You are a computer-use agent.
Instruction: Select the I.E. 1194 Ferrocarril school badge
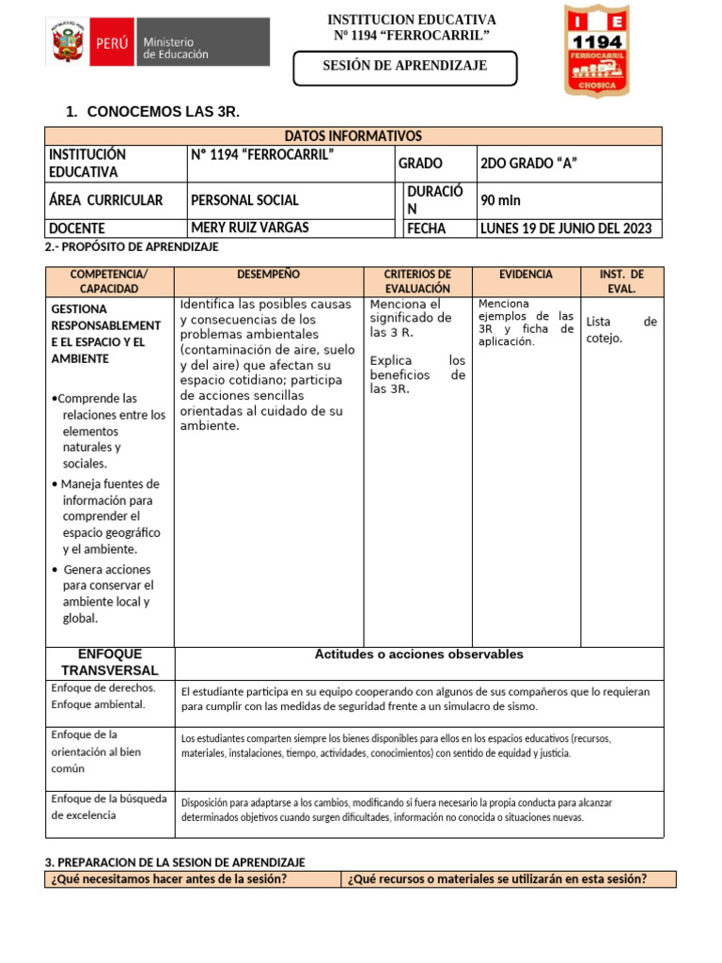[609, 50]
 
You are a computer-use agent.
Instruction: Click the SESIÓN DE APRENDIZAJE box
[404, 66]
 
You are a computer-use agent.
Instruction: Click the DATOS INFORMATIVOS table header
[353, 136]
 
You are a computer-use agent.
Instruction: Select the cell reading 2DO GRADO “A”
[528, 164]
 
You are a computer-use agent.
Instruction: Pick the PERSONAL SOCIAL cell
[244, 200]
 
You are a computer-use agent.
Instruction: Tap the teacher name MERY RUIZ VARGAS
[249, 228]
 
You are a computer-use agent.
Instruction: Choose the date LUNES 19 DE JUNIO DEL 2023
[566, 229]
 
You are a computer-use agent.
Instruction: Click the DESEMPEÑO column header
[269, 275]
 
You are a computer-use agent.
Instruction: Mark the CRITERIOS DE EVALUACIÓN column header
[417, 281]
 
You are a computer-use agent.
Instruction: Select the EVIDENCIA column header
[526, 275]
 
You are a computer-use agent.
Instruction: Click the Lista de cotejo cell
[620, 330]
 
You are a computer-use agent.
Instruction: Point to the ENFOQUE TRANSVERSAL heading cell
[110, 662]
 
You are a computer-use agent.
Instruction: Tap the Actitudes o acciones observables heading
[418, 655]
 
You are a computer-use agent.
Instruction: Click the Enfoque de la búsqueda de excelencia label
[109, 807]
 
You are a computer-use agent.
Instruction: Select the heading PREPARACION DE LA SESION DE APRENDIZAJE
[175, 862]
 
